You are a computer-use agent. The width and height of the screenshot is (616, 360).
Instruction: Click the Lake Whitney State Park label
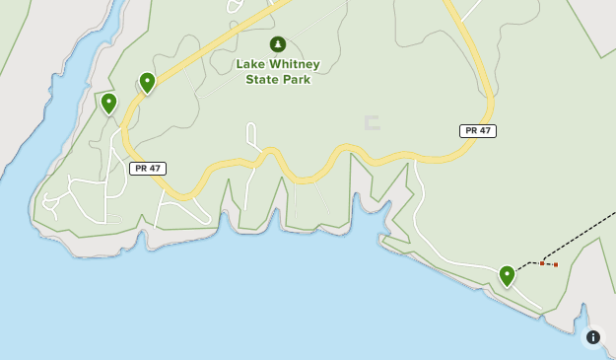pyautogui.click(x=277, y=71)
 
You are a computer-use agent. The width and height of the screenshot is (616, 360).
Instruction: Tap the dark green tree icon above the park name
pyautogui.click(x=278, y=44)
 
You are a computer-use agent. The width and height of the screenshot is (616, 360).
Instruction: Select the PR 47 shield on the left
pyautogui.click(x=147, y=169)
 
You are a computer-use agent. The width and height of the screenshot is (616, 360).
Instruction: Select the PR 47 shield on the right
pyautogui.click(x=477, y=131)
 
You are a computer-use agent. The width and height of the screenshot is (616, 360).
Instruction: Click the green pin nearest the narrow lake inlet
pyautogui.click(x=108, y=103)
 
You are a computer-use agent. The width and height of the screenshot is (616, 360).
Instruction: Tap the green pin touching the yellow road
pyautogui.click(x=147, y=82)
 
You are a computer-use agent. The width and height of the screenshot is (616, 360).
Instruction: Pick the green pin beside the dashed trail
pyautogui.click(x=507, y=275)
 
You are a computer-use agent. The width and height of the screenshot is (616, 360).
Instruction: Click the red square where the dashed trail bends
pyautogui.click(x=542, y=263)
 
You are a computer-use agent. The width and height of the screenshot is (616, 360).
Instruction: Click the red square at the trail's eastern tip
pyautogui.click(x=556, y=264)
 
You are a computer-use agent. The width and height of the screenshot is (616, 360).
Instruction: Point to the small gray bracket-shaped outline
pyautogui.click(x=372, y=123)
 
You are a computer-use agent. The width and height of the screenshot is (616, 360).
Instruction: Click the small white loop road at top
pyautogui.click(x=235, y=7)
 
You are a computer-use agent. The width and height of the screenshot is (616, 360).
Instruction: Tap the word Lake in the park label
pyautogui.click(x=249, y=64)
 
